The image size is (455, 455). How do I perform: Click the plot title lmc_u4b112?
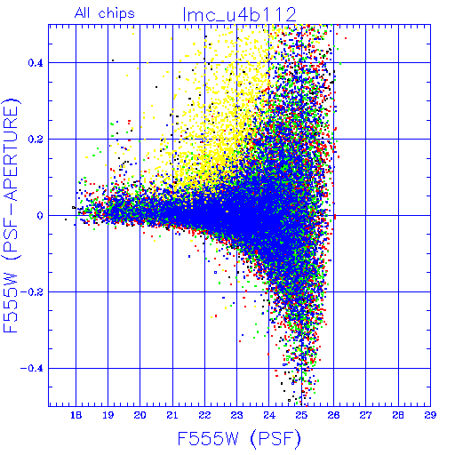pyautogui.click(x=239, y=14)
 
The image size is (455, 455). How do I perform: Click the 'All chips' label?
pyautogui.click(x=105, y=13)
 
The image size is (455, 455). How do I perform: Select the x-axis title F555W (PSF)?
pyautogui.click(x=239, y=438)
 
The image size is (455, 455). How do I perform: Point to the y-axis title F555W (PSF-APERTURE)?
pyautogui.click(x=12, y=215)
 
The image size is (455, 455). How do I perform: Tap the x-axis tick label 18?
pyautogui.click(x=76, y=415)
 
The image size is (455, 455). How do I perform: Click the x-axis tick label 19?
pyautogui.click(x=108, y=415)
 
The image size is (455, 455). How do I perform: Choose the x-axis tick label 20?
pyautogui.click(x=140, y=415)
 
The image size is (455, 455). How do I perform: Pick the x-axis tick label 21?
pyautogui.click(x=172, y=415)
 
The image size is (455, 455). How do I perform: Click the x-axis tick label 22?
pyautogui.click(x=204, y=415)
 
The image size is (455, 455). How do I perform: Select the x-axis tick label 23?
pyautogui.click(x=236, y=415)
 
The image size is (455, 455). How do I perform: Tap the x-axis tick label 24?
pyautogui.click(x=269, y=415)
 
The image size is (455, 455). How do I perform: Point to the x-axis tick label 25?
pyautogui.click(x=301, y=415)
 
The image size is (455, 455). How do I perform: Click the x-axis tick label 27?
pyautogui.click(x=365, y=415)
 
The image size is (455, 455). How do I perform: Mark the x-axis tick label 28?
pyautogui.click(x=398, y=415)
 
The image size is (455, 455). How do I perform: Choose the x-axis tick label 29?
pyautogui.click(x=430, y=415)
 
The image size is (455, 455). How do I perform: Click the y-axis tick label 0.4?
pyautogui.click(x=36, y=63)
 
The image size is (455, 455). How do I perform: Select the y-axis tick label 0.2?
pyautogui.click(x=36, y=140)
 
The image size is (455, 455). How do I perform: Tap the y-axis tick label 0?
pyautogui.click(x=40, y=216)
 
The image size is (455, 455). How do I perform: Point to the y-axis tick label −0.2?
pyautogui.click(x=32, y=292)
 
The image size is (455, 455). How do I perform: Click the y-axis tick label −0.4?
pyautogui.click(x=32, y=369)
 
